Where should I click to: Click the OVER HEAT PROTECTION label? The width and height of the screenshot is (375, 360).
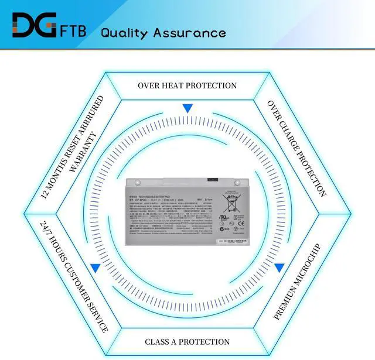(187, 85)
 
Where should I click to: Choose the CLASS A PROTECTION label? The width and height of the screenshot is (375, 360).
(187, 342)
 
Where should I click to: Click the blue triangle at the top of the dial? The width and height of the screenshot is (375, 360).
(187, 108)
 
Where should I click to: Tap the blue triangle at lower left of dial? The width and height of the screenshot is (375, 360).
(95, 268)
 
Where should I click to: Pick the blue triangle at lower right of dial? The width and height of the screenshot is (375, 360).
(279, 268)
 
